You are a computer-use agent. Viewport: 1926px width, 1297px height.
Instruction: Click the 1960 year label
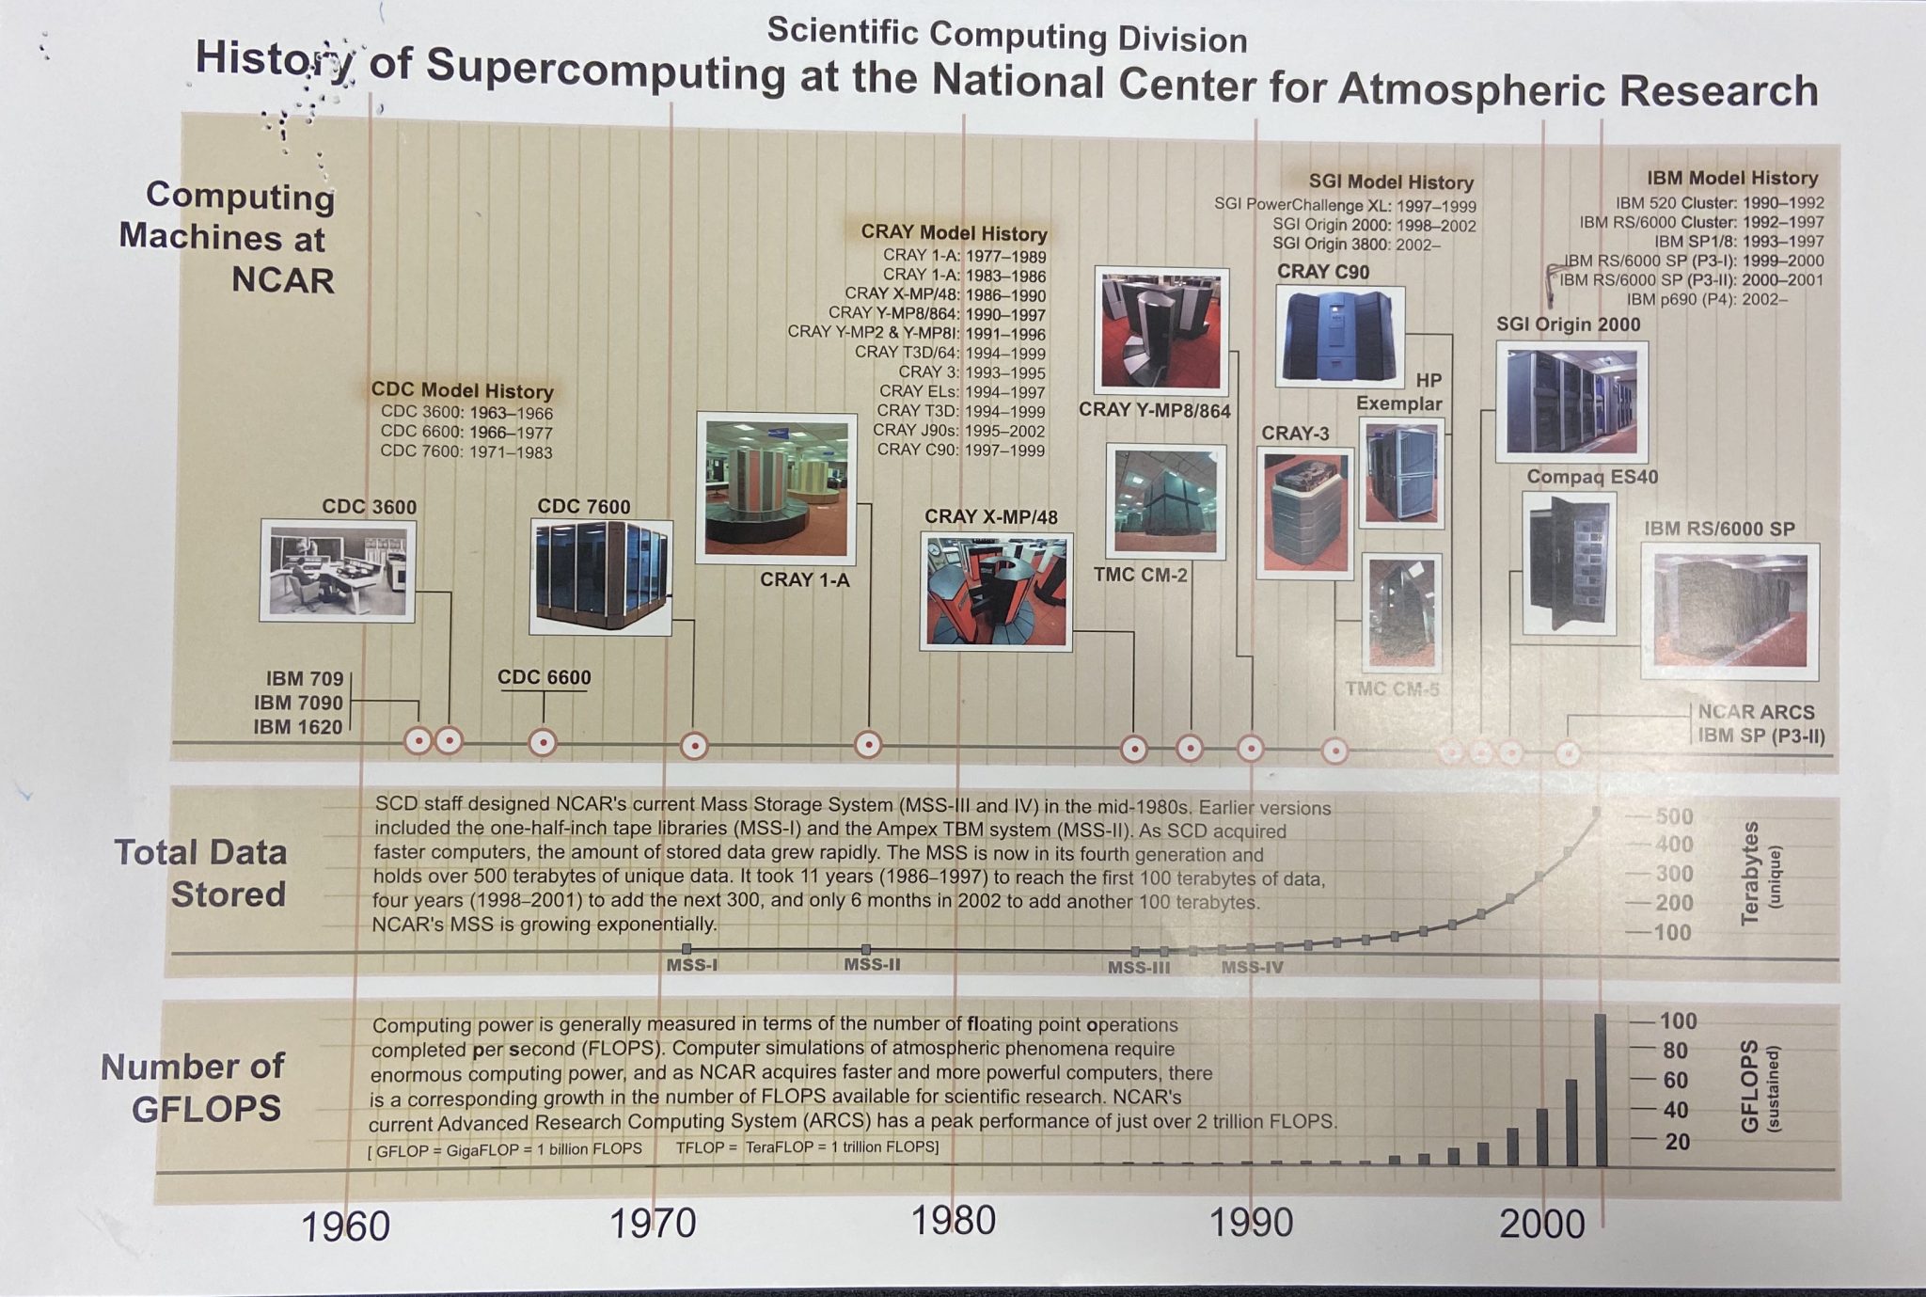[345, 1226]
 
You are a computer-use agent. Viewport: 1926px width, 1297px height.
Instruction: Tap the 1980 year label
[954, 1221]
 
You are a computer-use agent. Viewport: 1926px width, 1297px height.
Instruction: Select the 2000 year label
[1542, 1224]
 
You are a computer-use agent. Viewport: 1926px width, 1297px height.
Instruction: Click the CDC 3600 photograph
[338, 570]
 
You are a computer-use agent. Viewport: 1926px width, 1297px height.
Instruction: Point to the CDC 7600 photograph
[601, 577]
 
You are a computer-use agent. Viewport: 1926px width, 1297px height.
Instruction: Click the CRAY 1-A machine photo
[776, 487]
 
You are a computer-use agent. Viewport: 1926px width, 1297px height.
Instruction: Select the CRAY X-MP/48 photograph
[996, 592]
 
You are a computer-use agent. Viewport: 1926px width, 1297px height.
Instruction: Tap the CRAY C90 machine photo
[1339, 337]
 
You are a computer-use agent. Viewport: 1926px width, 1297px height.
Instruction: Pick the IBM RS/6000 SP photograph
[1729, 610]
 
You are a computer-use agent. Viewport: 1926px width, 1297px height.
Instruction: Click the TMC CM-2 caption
[1140, 575]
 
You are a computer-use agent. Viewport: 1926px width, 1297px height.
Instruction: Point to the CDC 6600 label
[544, 677]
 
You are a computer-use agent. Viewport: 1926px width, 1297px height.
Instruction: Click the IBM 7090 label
[298, 703]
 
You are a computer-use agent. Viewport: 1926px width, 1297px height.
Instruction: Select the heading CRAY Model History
[954, 233]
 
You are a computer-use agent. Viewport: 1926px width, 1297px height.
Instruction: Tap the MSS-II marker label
[872, 964]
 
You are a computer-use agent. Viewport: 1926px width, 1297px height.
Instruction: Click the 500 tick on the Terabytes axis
[1674, 816]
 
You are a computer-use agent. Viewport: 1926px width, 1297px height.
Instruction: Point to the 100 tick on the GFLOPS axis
[1678, 1020]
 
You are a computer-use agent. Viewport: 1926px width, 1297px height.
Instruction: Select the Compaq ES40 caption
[1592, 477]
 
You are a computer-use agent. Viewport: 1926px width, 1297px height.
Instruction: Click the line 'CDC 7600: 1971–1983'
[466, 451]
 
